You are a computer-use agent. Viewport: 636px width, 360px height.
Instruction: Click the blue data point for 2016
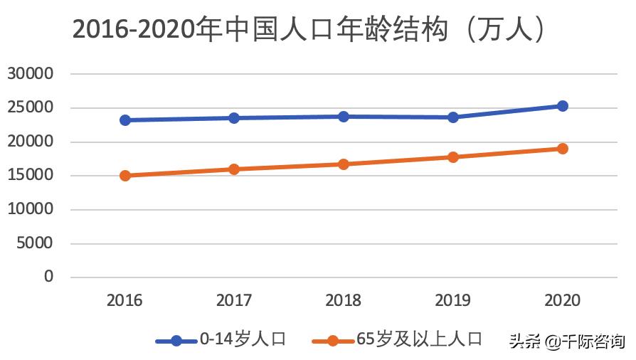coord(125,120)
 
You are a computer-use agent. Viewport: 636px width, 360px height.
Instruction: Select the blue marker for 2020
coord(562,106)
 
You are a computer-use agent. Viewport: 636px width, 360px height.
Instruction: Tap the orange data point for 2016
coord(125,175)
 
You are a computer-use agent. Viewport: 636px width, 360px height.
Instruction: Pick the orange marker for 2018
coord(344,164)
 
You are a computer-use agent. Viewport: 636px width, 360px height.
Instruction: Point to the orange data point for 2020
coord(562,149)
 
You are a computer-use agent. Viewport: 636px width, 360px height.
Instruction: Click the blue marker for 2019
coord(453,117)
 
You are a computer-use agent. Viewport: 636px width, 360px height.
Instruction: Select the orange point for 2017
coord(234,169)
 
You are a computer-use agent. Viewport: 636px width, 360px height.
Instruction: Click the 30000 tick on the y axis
coord(31,74)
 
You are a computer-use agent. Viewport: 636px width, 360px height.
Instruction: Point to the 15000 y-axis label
coord(31,176)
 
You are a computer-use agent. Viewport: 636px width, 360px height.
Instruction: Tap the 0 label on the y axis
coord(49,277)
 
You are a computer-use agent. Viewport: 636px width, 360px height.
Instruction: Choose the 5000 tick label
coord(35,243)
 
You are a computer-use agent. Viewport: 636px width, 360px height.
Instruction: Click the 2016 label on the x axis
coord(125,301)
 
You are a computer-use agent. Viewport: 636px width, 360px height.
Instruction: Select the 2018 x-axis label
coord(344,301)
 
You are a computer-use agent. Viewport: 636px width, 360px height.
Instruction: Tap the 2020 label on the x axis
coord(562,301)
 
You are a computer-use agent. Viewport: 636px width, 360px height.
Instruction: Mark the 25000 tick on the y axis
coord(31,108)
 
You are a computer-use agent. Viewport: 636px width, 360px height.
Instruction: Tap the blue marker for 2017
coord(234,118)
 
